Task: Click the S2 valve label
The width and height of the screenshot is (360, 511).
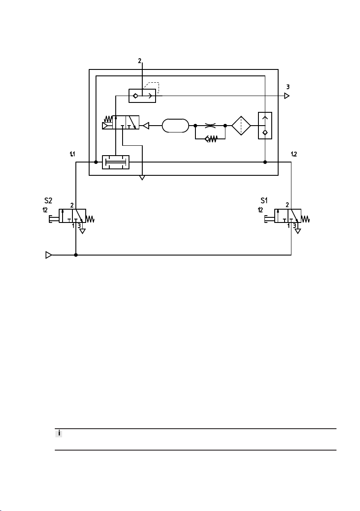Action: click(48, 201)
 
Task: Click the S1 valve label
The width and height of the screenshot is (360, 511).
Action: click(264, 201)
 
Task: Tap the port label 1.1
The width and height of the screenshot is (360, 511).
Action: click(72, 154)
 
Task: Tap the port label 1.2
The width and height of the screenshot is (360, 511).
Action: click(294, 154)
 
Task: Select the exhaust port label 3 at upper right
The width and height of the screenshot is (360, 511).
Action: click(288, 87)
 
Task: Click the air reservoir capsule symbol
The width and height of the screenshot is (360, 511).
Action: click(175, 126)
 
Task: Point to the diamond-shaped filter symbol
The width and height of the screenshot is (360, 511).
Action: click(241, 126)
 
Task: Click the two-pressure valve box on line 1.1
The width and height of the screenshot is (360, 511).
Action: click(116, 162)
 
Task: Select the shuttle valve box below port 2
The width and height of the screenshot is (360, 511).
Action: click(142, 96)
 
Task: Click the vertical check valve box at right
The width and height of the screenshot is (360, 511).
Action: click(265, 126)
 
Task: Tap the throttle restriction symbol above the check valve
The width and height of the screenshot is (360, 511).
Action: click(210, 125)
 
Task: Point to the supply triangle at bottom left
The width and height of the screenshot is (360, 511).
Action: click(48, 255)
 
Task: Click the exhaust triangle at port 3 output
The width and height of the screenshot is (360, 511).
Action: click(287, 96)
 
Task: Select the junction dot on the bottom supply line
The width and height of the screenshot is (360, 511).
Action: click(76, 255)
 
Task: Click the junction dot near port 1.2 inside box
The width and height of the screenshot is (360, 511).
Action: click(265, 162)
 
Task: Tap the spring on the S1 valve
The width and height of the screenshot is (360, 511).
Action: click(305, 219)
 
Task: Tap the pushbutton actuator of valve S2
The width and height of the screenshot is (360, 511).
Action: click(54, 219)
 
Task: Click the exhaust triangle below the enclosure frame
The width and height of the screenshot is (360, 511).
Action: click(142, 177)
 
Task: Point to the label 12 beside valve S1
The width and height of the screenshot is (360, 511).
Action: click(260, 210)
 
